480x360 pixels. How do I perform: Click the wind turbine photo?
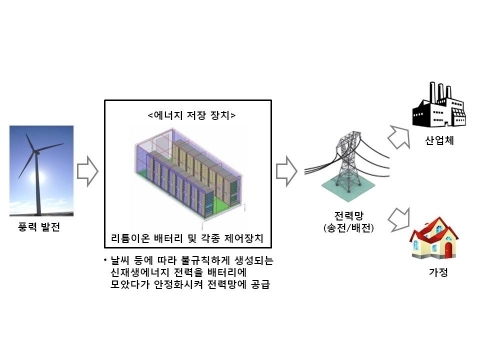pyautogui.click(x=41, y=171)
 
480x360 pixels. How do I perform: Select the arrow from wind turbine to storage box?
pyautogui.click(x=88, y=171)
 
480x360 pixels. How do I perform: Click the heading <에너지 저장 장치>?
pyautogui.click(x=190, y=114)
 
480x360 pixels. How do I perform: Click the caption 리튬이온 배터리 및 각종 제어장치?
pyautogui.click(x=190, y=237)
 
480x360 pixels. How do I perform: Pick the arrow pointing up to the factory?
pyautogui.click(x=399, y=133)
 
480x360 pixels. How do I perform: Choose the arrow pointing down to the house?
pyautogui.click(x=399, y=216)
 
